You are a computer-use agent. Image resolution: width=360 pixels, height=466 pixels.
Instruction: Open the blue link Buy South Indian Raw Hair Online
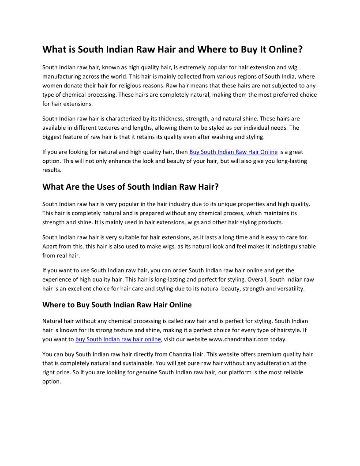click(x=233, y=152)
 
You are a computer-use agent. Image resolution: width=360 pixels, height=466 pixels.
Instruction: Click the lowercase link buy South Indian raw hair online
click(x=118, y=339)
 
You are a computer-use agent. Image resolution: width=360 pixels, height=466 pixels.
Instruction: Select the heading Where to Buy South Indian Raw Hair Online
click(x=117, y=305)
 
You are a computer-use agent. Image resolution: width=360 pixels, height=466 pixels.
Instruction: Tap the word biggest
click(x=52, y=137)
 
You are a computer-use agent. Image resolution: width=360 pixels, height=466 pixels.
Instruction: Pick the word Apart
click(x=50, y=246)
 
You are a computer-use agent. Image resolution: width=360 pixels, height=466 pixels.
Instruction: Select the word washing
click(x=222, y=137)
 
